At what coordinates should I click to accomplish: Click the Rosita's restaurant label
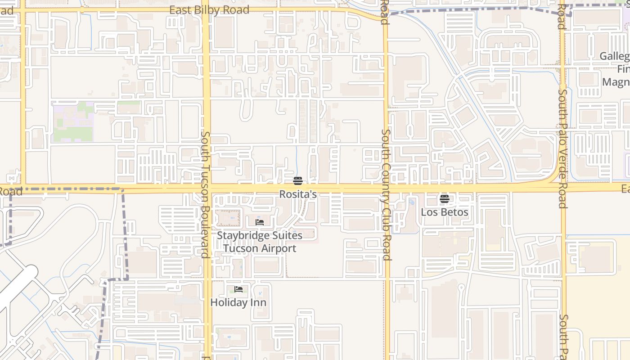tap(298, 194)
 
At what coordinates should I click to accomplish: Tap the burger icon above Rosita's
tap(297, 181)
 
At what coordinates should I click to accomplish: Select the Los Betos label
tap(445, 212)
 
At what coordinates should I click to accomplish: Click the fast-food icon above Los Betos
tap(445, 198)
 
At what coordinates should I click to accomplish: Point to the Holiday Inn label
tap(238, 302)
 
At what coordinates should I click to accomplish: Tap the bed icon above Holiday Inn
tap(238, 289)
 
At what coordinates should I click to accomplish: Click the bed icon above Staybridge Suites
tap(260, 222)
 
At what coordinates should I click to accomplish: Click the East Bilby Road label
tap(209, 10)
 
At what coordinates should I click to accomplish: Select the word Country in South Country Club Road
tap(386, 180)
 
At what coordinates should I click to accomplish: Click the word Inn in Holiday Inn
tap(258, 302)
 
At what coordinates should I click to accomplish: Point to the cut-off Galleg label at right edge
tap(615, 56)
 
